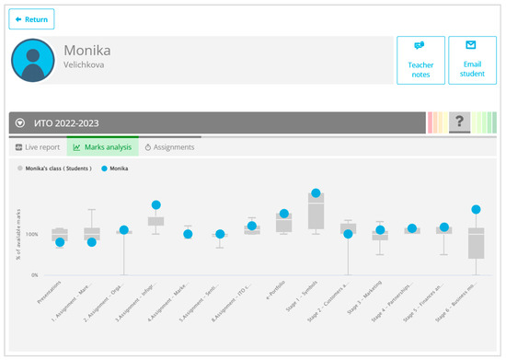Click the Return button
tap(31, 18)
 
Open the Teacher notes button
tap(420, 60)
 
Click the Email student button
tap(472, 60)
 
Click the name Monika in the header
tap(86, 50)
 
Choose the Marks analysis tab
tap(101, 146)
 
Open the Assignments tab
tap(168, 146)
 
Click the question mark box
tap(457, 122)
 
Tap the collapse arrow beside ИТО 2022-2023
tap(19, 122)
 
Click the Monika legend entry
tap(115, 169)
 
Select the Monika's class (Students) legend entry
tap(57, 169)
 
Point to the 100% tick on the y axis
tap(31, 234)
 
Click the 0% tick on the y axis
tap(33, 275)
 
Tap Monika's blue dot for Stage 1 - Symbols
tap(316, 193)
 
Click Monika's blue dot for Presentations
tap(60, 242)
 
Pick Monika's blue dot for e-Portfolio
tap(284, 214)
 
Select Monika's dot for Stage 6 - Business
tap(476, 210)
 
